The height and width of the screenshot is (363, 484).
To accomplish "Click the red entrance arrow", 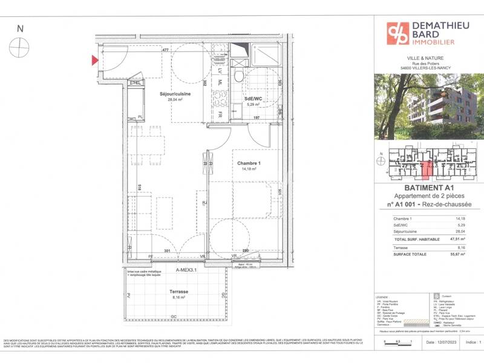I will click(x=94, y=60).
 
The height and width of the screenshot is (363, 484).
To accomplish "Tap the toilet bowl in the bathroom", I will click(x=239, y=75).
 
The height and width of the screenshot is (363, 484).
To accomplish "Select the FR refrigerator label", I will click(x=221, y=114).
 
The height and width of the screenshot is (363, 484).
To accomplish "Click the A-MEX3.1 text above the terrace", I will click(x=188, y=270).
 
